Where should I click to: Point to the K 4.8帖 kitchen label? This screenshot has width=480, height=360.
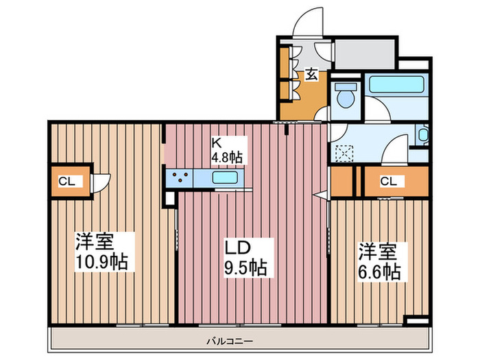227,150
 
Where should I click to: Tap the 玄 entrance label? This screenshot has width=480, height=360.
311,74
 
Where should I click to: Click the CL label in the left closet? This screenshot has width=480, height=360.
67,182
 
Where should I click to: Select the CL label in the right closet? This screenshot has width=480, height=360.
388,182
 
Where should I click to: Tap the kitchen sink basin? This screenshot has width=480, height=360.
226,178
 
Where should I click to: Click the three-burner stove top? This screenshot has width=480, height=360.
183,178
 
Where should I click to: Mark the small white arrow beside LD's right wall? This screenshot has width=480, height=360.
320,196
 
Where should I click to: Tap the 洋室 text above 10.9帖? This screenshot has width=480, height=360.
95,242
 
